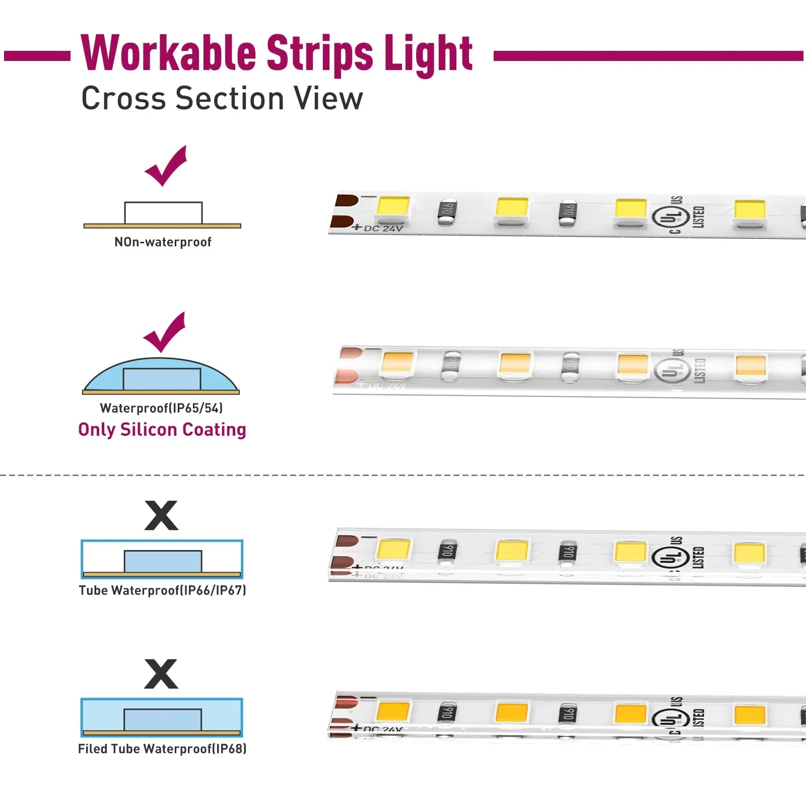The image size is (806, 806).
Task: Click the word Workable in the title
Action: click(169, 53)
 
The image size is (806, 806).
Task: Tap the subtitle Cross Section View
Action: click(222, 98)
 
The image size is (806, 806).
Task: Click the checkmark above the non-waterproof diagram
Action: click(166, 166)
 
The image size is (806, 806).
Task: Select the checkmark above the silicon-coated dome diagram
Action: click(165, 332)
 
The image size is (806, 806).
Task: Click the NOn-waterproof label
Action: click(163, 242)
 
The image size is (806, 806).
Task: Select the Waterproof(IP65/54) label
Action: click(161, 408)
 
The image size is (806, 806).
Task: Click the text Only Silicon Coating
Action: click(162, 430)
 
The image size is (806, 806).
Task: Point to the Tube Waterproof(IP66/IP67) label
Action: click(162, 590)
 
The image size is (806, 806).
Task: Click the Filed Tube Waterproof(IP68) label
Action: click(162, 749)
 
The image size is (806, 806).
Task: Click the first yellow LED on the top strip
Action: click(393, 208)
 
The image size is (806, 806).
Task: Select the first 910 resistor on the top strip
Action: click(447, 212)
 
